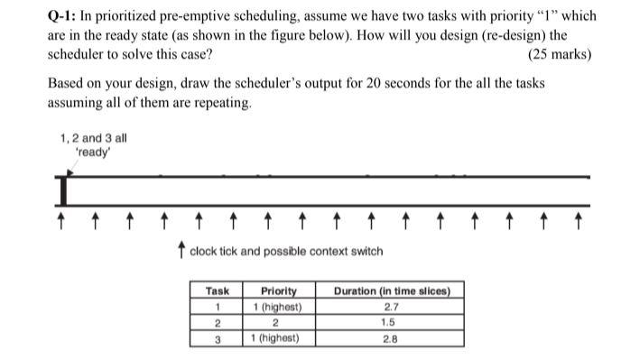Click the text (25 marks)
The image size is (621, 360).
point(560,54)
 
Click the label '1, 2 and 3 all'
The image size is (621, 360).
point(94,139)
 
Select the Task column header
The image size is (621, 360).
point(218,291)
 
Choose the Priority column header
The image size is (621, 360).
point(279,291)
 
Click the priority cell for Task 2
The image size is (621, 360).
point(279,322)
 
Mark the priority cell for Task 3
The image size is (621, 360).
point(279,338)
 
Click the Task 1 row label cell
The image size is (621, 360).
point(218,307)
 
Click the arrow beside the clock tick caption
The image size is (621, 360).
point(181,250)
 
